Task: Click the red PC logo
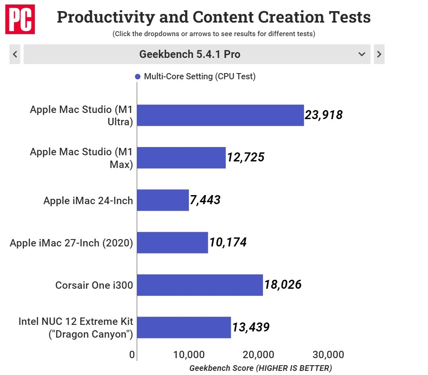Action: click(20, 20)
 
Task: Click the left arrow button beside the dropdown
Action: click(15, 54)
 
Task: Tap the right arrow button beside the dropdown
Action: click(379, 54)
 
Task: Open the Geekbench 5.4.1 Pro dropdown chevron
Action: click(362, 54)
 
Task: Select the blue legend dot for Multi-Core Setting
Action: click(138, 76)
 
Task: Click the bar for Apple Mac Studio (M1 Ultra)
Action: click(220, 115)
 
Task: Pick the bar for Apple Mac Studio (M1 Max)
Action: click(181, 158)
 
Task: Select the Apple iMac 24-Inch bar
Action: click(163, 200)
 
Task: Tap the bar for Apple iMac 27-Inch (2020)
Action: click(172, 242)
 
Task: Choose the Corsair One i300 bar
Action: click(200, 285)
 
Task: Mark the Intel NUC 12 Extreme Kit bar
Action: click(184, 327)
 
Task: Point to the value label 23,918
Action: click(324, 115)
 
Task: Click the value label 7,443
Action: click(205, 200)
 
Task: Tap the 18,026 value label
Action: click(283, 285)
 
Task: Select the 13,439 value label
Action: click(251, 327)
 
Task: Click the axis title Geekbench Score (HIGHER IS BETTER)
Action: click(260, 368)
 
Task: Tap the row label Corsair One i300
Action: click(94, 285)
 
